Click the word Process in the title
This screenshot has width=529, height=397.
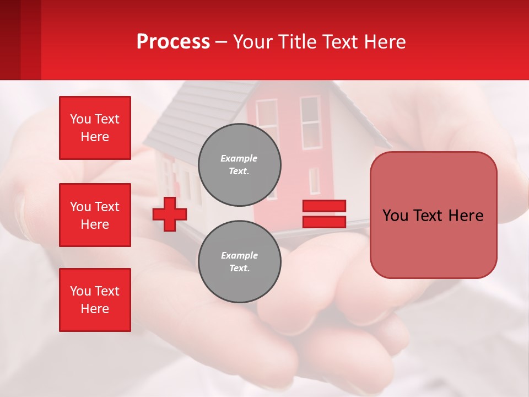point(173,42)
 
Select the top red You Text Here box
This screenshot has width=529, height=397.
point(95,128)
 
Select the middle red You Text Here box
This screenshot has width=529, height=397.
point(95,215)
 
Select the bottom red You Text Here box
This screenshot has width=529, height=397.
point(95,300)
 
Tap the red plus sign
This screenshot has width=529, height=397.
point(170,214)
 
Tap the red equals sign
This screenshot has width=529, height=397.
point(324,214)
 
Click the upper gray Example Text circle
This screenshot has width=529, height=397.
point(239,164)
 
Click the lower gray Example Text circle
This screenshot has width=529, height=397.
point(239,261)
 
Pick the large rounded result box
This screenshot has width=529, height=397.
point(433,215)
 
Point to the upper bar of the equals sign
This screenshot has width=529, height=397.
point(324,206)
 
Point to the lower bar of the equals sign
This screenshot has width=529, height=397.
point(324,222)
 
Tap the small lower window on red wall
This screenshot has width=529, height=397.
point(314,181)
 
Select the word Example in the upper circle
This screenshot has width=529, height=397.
point(239,158)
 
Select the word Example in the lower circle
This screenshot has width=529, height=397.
point(239,255)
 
